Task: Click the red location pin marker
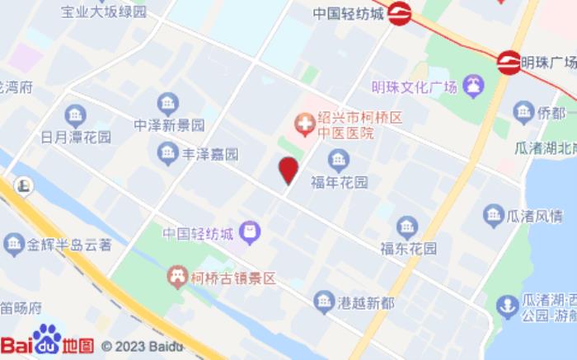point(288,170)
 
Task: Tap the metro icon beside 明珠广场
point(509,63)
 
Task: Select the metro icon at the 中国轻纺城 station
point(400,13)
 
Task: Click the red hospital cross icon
point(304,125)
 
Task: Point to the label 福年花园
point(339,181)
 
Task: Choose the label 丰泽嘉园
point(210,154)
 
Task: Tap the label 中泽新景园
point(169,126)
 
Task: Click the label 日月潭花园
point(76,138)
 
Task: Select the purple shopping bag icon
point(253,232)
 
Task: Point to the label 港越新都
point(366,302)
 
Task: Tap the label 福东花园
point(409,248)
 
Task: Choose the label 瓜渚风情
point(535,216)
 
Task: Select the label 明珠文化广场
point(414,87)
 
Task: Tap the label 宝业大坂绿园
point(104,12)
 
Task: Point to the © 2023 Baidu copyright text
point(142,346)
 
